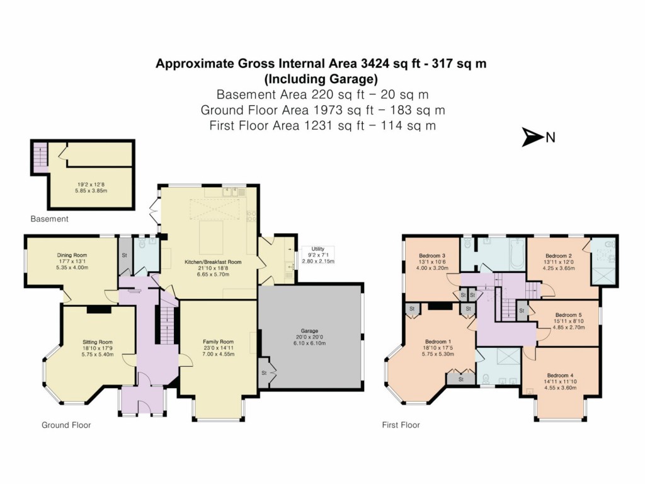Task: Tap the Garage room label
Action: coord(309,331)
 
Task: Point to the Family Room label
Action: coord(218,342)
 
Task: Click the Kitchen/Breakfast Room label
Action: coord(212,262)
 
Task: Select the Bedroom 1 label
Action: coord(437,342)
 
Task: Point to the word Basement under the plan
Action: coord(50,219)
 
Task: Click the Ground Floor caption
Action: coord(66,425)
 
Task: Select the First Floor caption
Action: coord(401,425)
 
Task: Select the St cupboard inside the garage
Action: coord(263,374)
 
